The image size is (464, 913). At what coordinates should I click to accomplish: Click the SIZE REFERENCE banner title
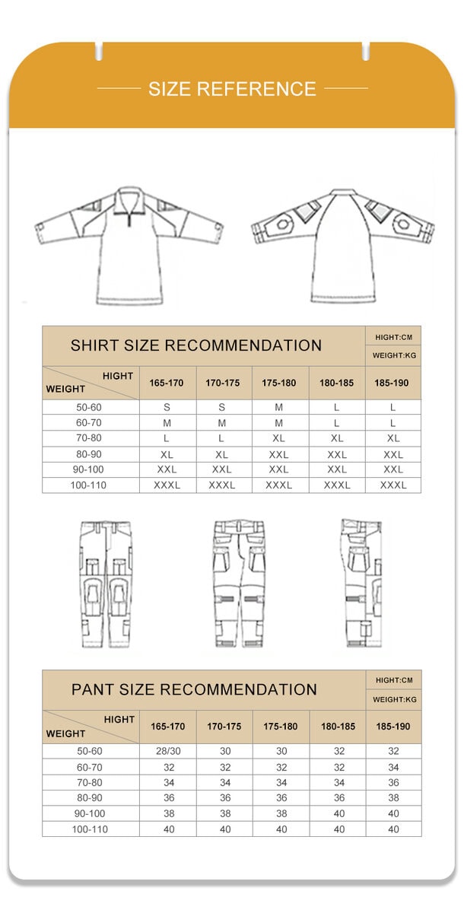click(x=232, y=89)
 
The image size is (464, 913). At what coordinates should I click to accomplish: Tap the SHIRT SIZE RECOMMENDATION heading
click(x=196, y=345)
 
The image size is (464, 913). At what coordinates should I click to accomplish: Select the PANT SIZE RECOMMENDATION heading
click(x=194, y=689)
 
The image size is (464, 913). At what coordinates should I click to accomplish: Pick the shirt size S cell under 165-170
click(x=167, y=407)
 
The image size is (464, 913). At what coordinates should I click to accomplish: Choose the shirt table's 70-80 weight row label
click(x=89, y=438)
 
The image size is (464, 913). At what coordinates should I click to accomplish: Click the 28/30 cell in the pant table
click(x=168, y=751)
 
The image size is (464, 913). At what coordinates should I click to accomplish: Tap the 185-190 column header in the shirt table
click(x=392, y=383)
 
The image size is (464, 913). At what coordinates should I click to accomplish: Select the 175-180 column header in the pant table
click(x=281, y=727)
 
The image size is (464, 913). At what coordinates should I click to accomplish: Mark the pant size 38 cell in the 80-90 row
click(x=393, y=798)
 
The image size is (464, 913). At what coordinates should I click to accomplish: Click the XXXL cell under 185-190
click(x=393, y=485)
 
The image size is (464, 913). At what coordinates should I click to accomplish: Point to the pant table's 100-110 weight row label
click(x=89, y=829)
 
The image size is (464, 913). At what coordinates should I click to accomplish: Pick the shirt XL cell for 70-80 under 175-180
click(x=279, y=438)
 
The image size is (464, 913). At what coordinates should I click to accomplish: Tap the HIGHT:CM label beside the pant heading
click(x=394, y=680)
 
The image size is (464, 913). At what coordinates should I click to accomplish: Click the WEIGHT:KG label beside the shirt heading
click(x=394, y=355)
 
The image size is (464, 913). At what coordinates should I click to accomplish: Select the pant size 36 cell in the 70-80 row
click(x=393, y=782)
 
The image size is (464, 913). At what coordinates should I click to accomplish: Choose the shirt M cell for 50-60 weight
click(x=279, y=407)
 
